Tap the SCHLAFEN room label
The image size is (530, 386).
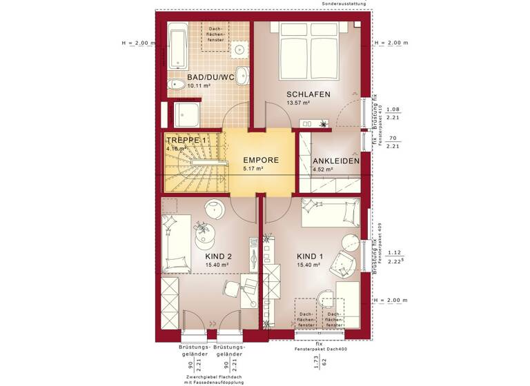click(308, 94)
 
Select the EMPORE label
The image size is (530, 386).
click(261, 160)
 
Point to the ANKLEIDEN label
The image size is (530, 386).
click(336, 161)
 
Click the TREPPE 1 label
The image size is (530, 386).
click(186, 140)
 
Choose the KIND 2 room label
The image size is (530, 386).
click(218, 256)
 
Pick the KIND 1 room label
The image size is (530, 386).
click(310, 256)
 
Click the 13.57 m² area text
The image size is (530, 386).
click(298, 103)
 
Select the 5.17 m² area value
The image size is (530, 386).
click(253, 169)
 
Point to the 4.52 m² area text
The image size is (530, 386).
click(323, 170)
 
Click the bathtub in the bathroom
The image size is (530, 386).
click(177, 45)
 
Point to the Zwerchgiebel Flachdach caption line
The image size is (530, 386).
click(215, 376)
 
